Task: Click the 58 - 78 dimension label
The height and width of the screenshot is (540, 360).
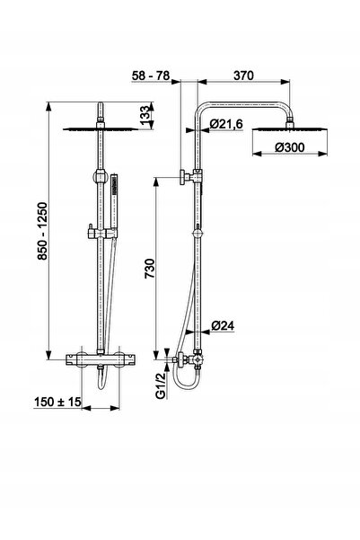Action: tap(151, 75)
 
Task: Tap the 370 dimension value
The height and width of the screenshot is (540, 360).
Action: tap(243, 75)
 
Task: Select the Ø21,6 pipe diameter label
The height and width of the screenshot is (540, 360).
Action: tap(226, 124)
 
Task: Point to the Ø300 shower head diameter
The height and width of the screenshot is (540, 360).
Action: tap(290, 147)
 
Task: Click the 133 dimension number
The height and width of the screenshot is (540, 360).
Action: tap(145, 113)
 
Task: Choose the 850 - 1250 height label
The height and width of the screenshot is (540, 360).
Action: tap(42, 231)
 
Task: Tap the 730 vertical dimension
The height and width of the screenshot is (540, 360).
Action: tap(150, 269)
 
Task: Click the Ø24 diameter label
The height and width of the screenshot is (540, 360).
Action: tap(223, 325)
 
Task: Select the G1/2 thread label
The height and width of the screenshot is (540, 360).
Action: tap(161, 385)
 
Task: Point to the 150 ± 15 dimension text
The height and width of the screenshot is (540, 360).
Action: tap(57, 402)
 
